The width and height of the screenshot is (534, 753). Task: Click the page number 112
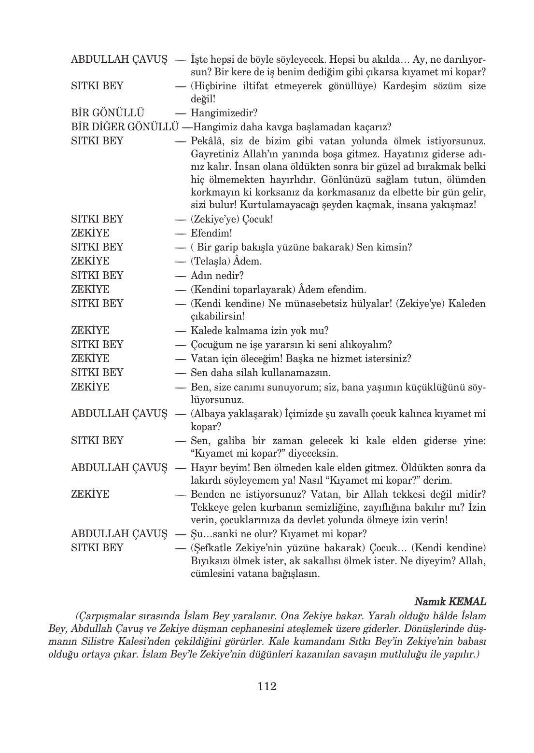[267, 686]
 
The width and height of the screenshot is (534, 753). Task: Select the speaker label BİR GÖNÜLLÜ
[108, 113]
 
